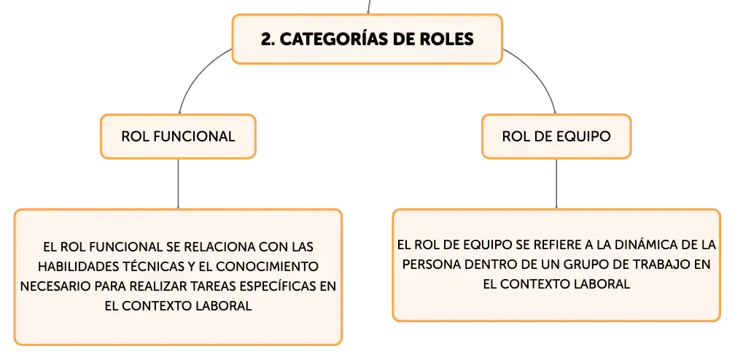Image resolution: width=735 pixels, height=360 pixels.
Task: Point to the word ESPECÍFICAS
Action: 275,286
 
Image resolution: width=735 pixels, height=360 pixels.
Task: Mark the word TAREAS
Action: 206,286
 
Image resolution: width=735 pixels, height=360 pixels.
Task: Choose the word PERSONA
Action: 432,265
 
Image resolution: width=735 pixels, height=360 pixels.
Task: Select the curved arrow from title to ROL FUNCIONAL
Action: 195,74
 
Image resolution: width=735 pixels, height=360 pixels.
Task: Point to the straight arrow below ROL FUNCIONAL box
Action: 178,184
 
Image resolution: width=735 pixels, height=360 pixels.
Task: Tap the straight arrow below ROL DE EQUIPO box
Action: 556,184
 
